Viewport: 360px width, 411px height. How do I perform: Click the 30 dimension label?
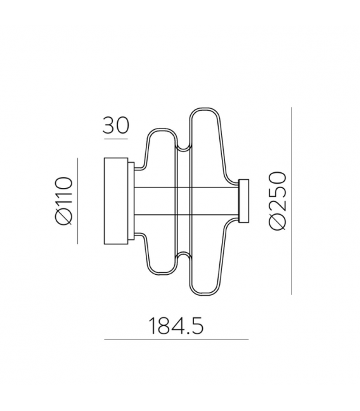pos(116,125)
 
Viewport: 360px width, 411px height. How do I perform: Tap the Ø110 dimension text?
pos(64,201)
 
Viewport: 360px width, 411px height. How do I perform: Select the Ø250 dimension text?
pos(278,201)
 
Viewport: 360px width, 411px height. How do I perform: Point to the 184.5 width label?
pos(176,326)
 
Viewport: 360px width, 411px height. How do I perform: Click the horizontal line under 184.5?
pos(176,339)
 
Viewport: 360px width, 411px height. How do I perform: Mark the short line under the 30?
pos(116,139)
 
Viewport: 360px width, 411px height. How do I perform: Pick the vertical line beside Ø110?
pos(78,201)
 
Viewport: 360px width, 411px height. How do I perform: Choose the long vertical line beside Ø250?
pos(292,201)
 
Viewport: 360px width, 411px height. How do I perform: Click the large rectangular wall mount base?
pos(116,201)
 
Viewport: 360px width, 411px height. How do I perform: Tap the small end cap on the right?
pos(244,201)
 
